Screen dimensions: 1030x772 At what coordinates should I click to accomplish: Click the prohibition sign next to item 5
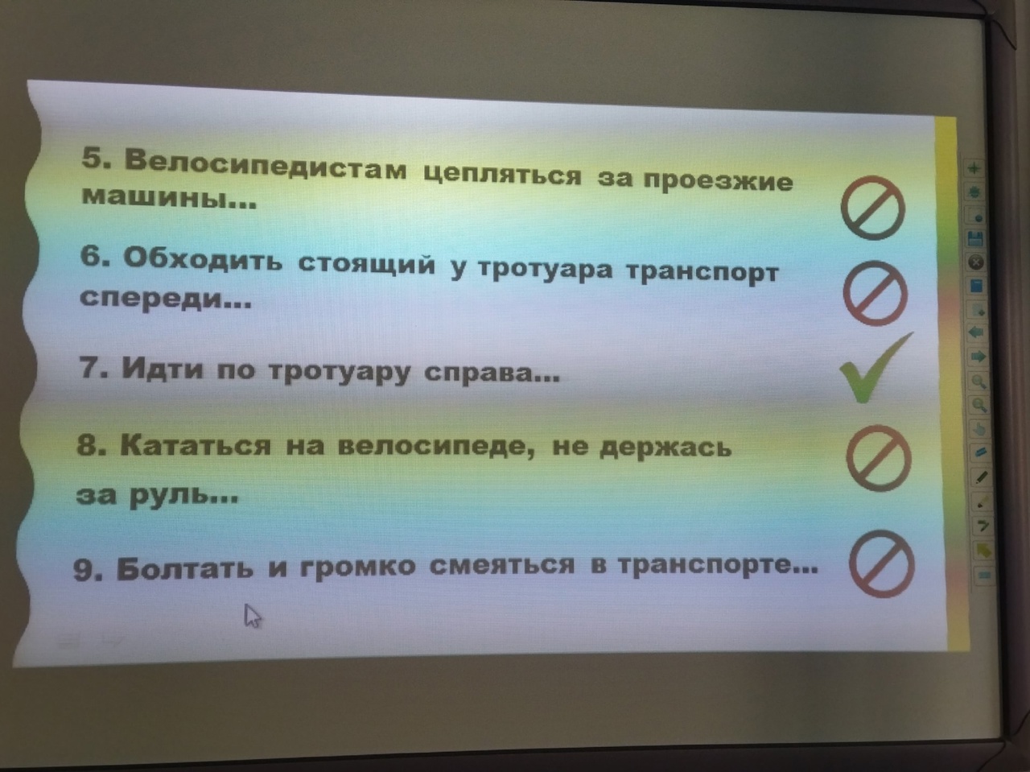click(x=873, y=208)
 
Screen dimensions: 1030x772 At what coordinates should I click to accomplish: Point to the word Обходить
click(x=203, y=258)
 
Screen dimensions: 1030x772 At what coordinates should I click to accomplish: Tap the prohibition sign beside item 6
click(x=875, y=293)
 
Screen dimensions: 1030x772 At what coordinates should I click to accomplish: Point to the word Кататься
click(x=196, y=444)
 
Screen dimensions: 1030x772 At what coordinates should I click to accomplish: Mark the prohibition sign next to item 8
click(x=879, y=459)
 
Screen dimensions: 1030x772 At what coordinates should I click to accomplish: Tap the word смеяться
click(x=502, y=564)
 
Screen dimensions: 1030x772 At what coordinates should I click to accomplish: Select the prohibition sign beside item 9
click(x=882, y=564)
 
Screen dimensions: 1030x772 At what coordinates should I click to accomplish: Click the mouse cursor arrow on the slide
click(x=253, y=616)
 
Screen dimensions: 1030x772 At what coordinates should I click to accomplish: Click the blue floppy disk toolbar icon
click(x=975, y=239)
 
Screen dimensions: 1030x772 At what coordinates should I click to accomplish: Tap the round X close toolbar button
click(x=976, y=262)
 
